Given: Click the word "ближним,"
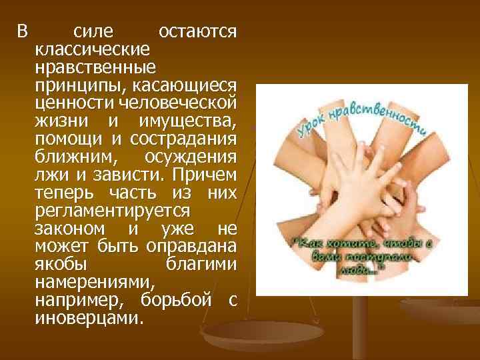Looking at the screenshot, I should (x=69, y=156).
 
